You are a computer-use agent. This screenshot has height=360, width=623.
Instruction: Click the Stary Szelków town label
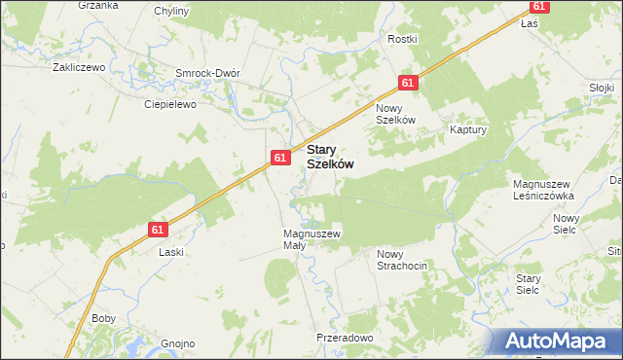329,158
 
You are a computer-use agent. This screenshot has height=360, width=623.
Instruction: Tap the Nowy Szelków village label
396,113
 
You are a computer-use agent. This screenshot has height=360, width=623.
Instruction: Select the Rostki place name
402,39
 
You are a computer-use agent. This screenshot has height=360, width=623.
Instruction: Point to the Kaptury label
467,128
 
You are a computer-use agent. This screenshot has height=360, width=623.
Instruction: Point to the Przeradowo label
345,338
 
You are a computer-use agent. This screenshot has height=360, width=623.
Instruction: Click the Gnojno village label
178,343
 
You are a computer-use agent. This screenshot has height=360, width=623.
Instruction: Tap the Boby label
103,318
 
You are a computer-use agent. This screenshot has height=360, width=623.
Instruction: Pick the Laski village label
171,251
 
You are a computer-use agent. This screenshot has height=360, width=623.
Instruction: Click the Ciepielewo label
170,103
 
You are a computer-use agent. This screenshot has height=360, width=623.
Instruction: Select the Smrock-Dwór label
207,73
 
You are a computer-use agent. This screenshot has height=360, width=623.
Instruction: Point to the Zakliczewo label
79,68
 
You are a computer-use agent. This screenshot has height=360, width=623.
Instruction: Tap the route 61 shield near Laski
160,230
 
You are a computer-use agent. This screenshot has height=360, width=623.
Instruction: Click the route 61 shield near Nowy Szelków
408,84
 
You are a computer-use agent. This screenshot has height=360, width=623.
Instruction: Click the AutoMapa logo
557,341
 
